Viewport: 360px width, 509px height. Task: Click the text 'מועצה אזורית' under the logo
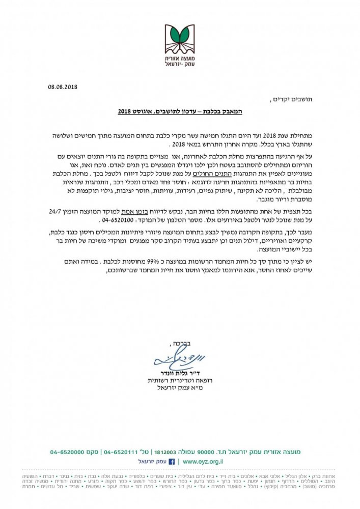[179, 60]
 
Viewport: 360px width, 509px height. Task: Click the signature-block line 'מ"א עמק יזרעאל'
[178, 390]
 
